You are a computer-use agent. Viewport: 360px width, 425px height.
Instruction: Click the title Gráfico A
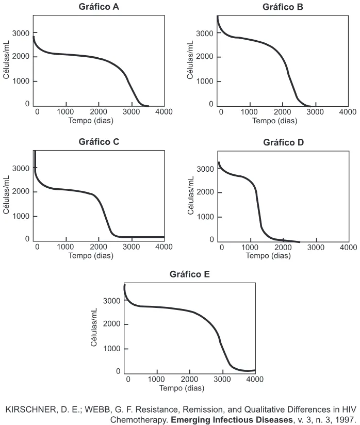(99, 7)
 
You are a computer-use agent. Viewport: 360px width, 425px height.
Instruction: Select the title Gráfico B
(283, 7)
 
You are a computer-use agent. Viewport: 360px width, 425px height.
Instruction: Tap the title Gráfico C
(99, 142)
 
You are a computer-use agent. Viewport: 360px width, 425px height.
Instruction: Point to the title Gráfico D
(283, 142)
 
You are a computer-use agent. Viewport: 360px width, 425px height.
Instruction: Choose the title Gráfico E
(189, 274)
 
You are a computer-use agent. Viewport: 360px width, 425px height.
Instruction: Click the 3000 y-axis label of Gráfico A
(21, 34)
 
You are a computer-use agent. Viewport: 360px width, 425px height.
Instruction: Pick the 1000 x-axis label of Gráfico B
(249, 112)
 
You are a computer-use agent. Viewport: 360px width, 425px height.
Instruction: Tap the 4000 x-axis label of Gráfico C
(163, 247)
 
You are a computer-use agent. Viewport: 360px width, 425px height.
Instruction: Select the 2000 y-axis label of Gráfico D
(205, 192)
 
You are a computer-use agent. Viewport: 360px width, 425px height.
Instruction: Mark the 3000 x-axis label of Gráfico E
(222, 379)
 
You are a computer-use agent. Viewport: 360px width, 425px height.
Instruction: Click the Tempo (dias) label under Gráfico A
(91, 120)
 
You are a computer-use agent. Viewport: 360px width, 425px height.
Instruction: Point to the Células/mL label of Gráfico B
(190, 60)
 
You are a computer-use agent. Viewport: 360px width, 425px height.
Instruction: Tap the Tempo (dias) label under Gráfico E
(182, 388)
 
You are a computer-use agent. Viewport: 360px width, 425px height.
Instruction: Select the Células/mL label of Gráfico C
(6, 194)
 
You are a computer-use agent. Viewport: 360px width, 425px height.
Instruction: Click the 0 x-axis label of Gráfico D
(222, 247)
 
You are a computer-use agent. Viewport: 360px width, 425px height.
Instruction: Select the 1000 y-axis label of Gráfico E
(112, 349)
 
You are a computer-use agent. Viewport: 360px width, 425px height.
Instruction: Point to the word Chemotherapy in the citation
(139, 419)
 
